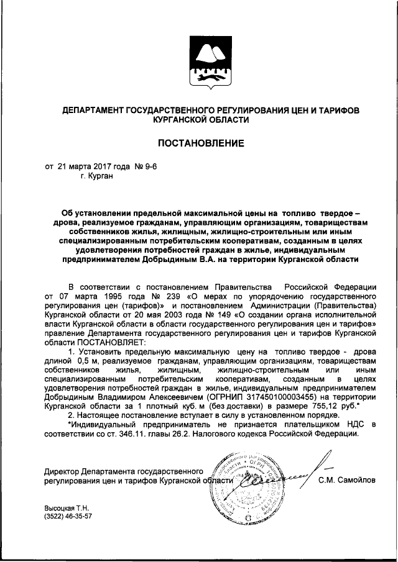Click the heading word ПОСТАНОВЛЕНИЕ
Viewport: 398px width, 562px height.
coord(200,143)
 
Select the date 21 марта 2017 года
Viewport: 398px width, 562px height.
coord(91,166)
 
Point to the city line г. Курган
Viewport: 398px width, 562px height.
coord(97,176)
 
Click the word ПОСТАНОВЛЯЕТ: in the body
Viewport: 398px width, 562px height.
coord(109,342)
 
